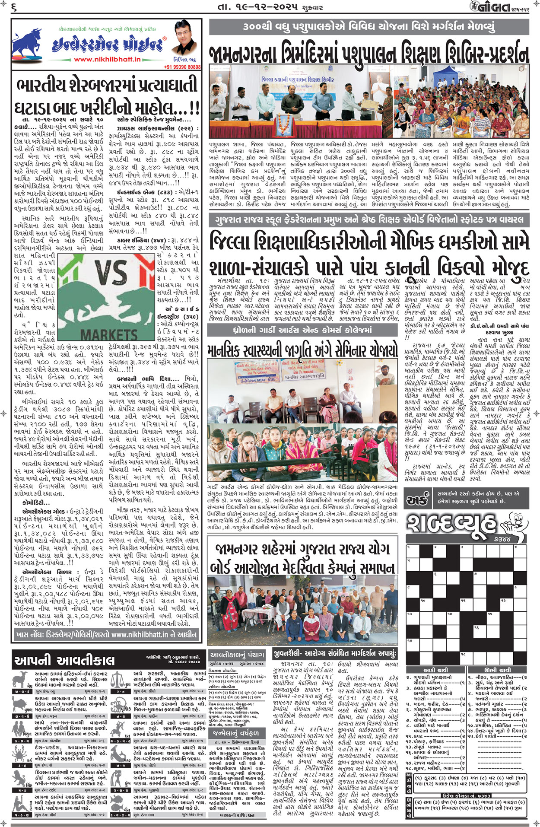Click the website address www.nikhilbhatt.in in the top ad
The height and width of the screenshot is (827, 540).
(107, 59)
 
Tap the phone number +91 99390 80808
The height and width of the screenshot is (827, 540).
(182, 67)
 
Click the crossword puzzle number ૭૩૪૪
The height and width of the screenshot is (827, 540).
(501, 539)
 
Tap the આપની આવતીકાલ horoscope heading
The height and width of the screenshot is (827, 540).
(65, 660)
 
